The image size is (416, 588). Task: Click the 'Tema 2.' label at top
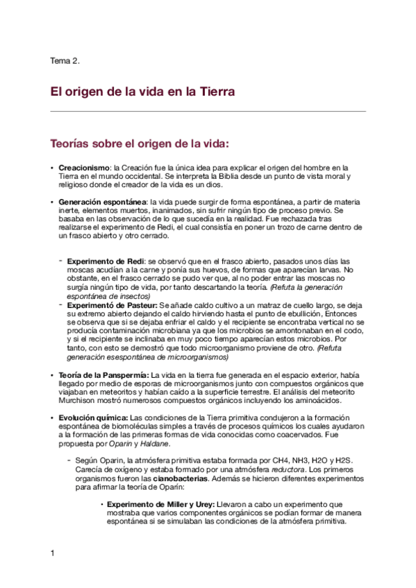[65, 60]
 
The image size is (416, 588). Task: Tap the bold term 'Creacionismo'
[83, 168]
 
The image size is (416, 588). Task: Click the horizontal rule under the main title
[208, 111]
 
